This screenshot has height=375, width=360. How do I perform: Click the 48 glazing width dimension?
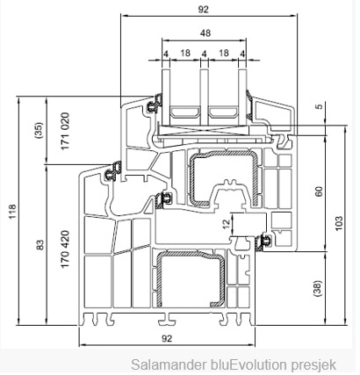[205, 32]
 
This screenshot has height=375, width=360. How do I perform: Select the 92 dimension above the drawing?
[203, 10]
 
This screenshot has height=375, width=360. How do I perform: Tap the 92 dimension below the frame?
[167, 339]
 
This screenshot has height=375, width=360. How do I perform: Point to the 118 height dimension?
[12, 212]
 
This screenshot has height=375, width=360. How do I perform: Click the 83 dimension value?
[40, 245]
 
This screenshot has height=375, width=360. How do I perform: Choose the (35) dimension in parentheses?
[39, 130]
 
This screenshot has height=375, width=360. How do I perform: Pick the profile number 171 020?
[65, 131]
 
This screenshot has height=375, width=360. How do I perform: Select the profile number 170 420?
[65, 249]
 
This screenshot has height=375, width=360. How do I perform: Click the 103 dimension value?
[338, 223]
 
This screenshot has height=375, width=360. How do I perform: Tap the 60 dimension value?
[319, 191]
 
